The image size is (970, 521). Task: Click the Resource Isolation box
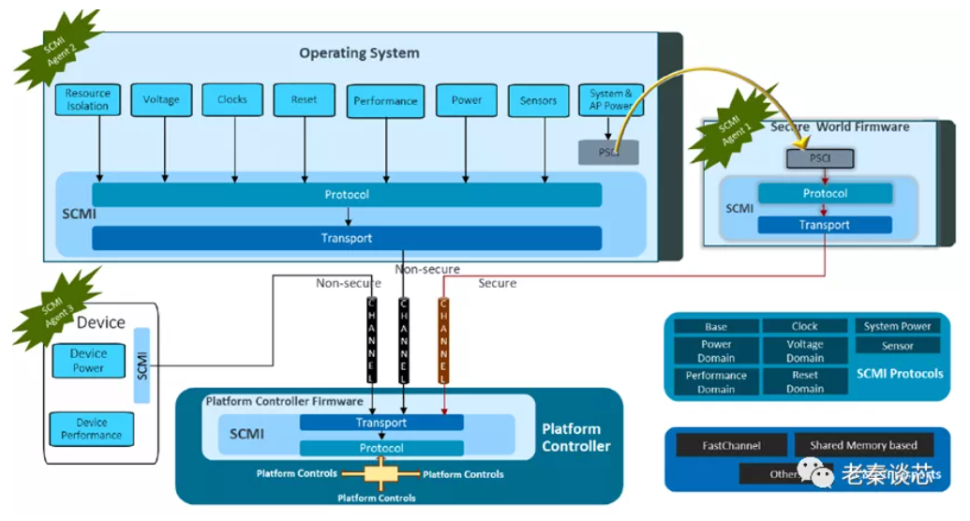coord(88,100)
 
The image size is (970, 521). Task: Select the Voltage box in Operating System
coord(161,99)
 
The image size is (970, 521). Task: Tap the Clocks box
coord(232,99)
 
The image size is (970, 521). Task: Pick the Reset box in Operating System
coord(304,99)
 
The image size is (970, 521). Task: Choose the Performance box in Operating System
coord(385,101)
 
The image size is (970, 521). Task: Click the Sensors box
coord(538,100)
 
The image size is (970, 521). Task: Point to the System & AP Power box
coord(611,99)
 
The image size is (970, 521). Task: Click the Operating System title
coord(359,53)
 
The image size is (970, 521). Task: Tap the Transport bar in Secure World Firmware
coord(824,225)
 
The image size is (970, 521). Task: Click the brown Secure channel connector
coord(444,340)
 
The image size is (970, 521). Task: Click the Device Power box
coord(89,361)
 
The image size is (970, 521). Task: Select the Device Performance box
coord(92,429)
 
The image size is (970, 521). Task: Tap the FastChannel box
coord(732,446)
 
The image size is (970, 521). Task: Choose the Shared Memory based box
coord(863,445)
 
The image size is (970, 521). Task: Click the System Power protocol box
coord(897,326)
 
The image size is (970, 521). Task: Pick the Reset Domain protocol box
coord(804,381)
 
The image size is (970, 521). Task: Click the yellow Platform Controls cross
coord(380,474)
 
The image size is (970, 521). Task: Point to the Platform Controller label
coord(575,438)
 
